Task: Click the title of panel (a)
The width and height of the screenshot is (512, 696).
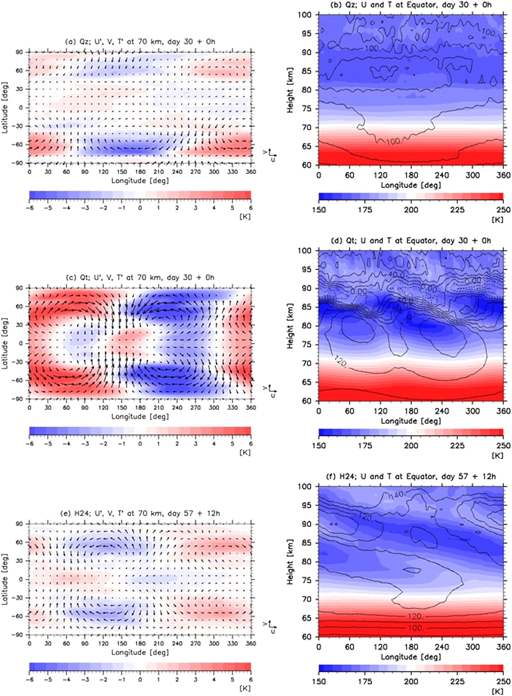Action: point(140,42)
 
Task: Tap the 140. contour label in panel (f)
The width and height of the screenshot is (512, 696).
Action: point(397,494)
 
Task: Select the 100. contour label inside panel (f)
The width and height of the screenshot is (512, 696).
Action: point(416,628)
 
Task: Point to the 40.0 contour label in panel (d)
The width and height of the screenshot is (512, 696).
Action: point(397,275)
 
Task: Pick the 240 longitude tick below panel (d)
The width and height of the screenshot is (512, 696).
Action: point(442,411)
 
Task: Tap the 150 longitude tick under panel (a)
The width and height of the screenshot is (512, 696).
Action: point(122,172)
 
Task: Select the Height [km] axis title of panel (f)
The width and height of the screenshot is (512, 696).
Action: point(290,562)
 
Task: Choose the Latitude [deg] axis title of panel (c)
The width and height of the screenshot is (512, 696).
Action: point(5,344)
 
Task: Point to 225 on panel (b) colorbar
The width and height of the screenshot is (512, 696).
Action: point(457,210)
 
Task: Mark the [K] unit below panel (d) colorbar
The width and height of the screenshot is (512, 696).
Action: point(497,456)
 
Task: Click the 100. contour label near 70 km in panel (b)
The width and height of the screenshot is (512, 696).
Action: point(394,142)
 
